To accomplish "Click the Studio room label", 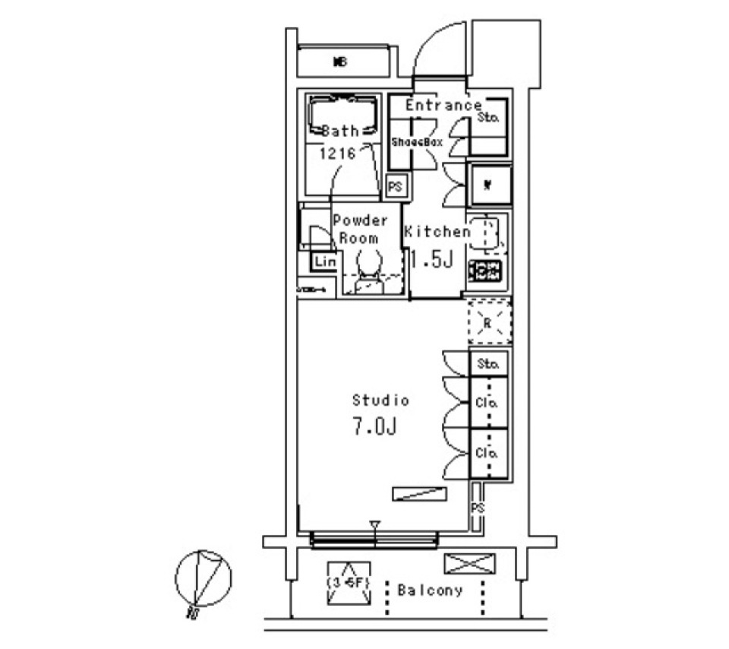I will pyautogui.click(x=380, y=400).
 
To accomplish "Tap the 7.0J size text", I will pyautogui.click(x=374, y=427).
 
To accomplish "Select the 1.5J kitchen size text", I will pyautogui.click(x=431, y=261).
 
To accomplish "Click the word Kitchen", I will pyautogui.click(x=437, y=232).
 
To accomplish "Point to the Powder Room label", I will pyautogui.click(x=360, y=229).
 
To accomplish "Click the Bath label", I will pyautogui.click(x=340, y=131).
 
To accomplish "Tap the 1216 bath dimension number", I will pyautogui.click(x=338, y=153).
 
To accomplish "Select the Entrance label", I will pyautogui.click(x=443, y=106).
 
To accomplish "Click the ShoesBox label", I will pyautogui.click(x=416, y=142).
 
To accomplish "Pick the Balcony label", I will pyautogui.click(x=430, y=590).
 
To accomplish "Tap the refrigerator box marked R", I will pyautogui.click(x=488, y=322).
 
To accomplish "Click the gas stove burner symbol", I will pyautogui.click(x=485, y=270).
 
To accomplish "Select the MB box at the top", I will pyautogui.click(x=339, y=62).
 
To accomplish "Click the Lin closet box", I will pyautogui.click(x=325, y=261).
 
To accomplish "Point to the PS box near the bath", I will pyautogui.click(x=396, y=185).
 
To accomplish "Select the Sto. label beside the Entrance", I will pyautogui.click(x=488, y=118).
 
